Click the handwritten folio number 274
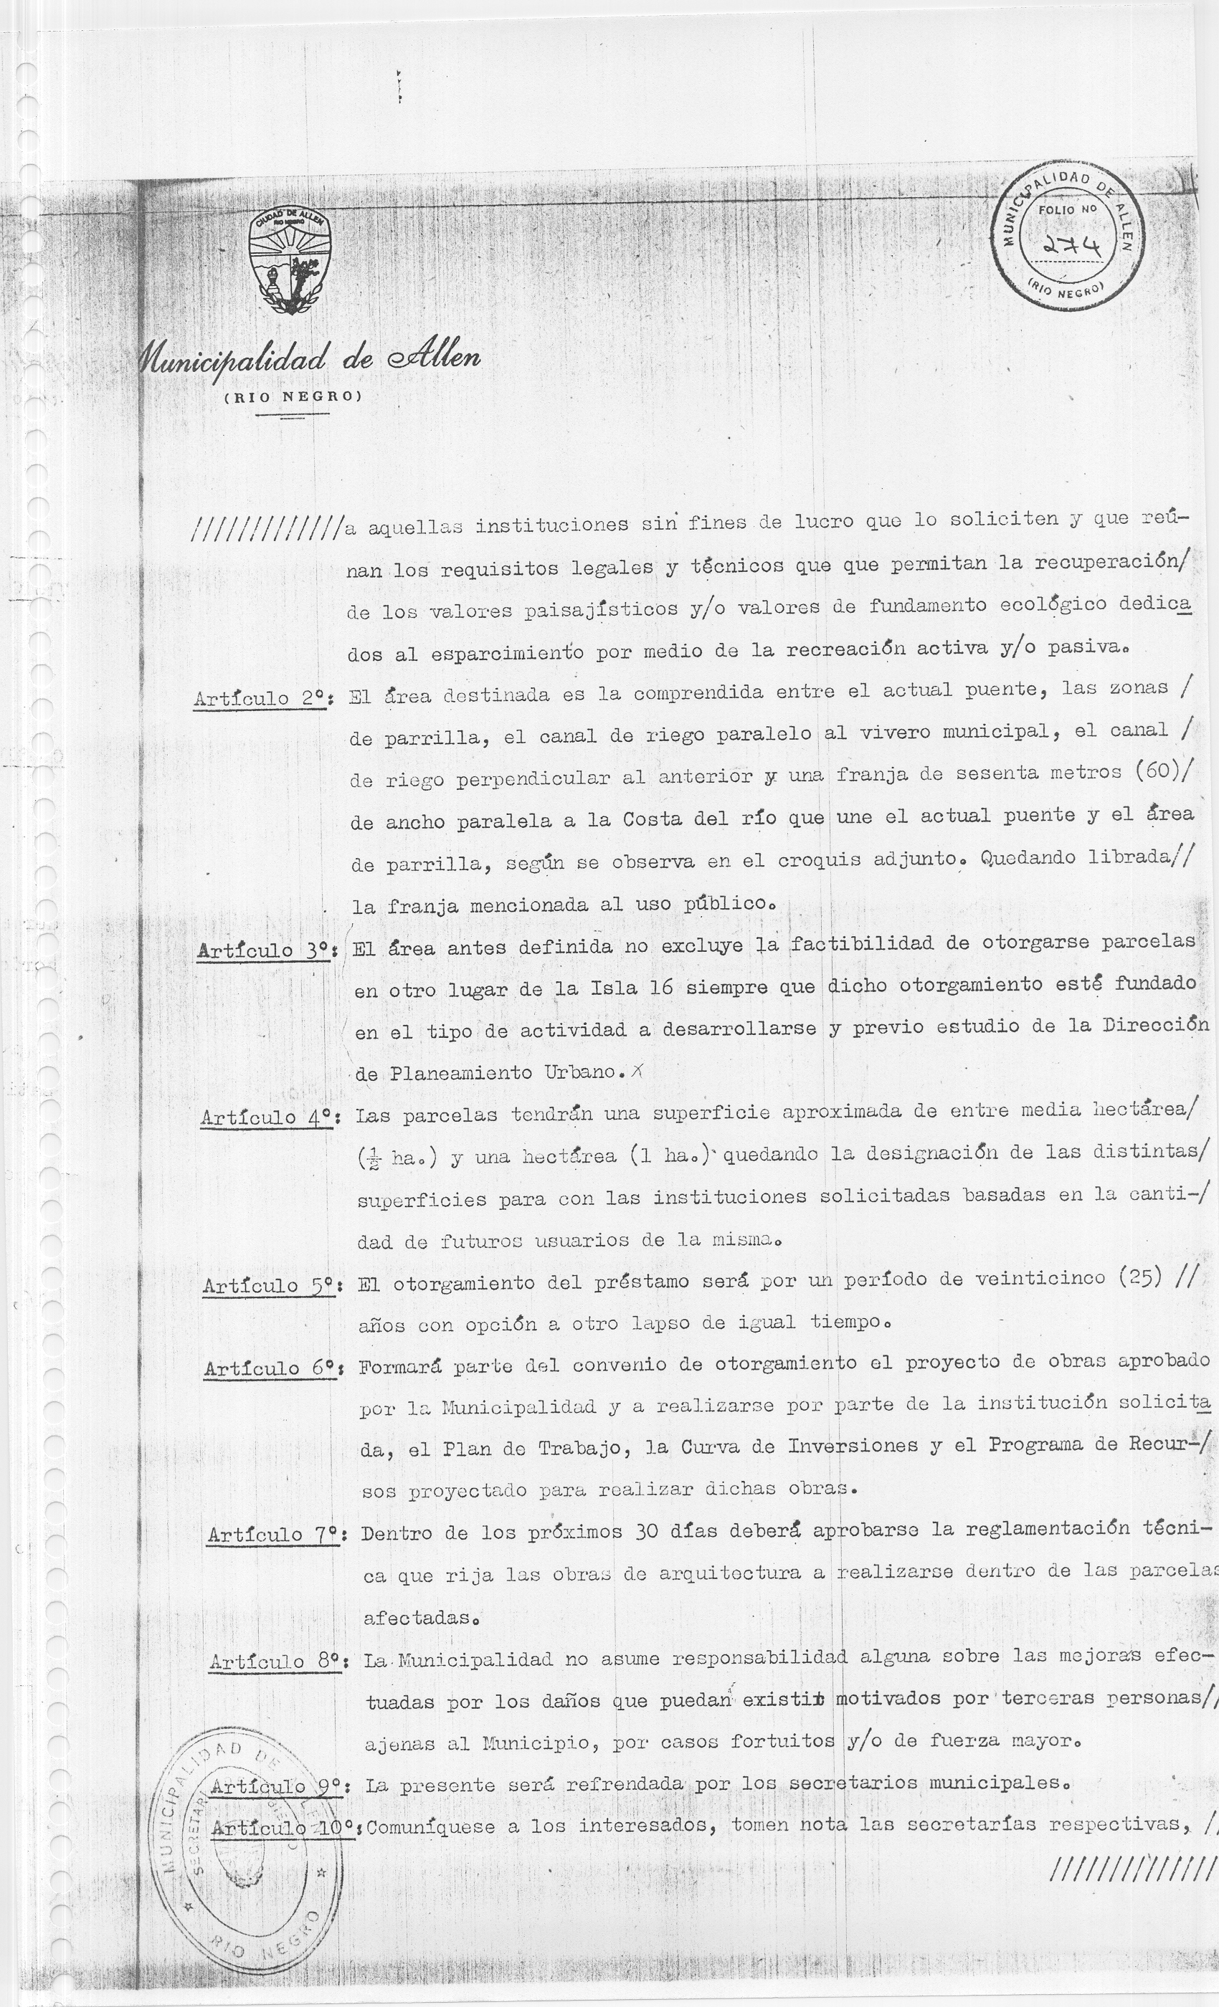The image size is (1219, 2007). (x=1070, y=242)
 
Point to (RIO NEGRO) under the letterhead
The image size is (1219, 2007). (x=293, y=396)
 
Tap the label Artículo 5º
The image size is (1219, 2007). (x=270, y=1285)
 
